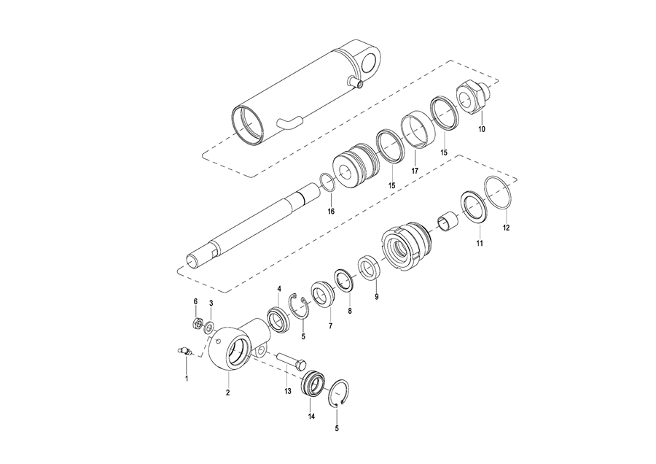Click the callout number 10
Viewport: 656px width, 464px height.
tap(482, 129)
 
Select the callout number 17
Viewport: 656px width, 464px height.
tap(415, 171)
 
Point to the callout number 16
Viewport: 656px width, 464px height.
tap(331, 212)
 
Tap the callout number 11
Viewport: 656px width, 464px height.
tap(480, 243)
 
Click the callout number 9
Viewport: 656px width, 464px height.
tap(377, 296)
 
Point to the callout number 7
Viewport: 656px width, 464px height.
tap(330, 325)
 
